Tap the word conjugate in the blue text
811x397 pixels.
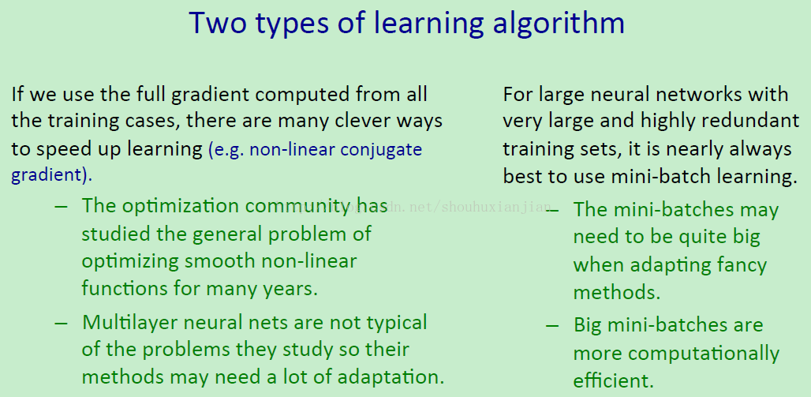pos(382,151)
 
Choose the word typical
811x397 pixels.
pos(397,324)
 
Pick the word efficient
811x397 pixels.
pos(614,380)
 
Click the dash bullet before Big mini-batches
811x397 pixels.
pos(552,325)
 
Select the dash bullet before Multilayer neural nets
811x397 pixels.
pos(61,323)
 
